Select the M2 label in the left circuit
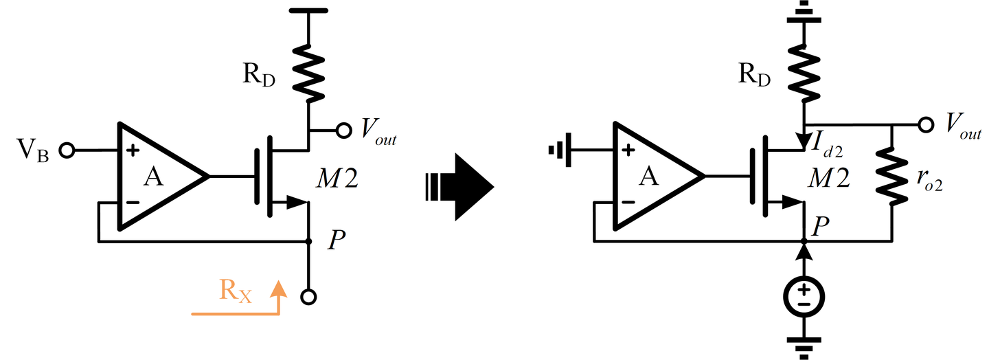(x=337, y=180)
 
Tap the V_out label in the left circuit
(x=376, y=130)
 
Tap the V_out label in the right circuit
(x=962, y=126)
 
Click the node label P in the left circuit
(x=337, y=238)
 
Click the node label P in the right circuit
(x=821, y=225)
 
